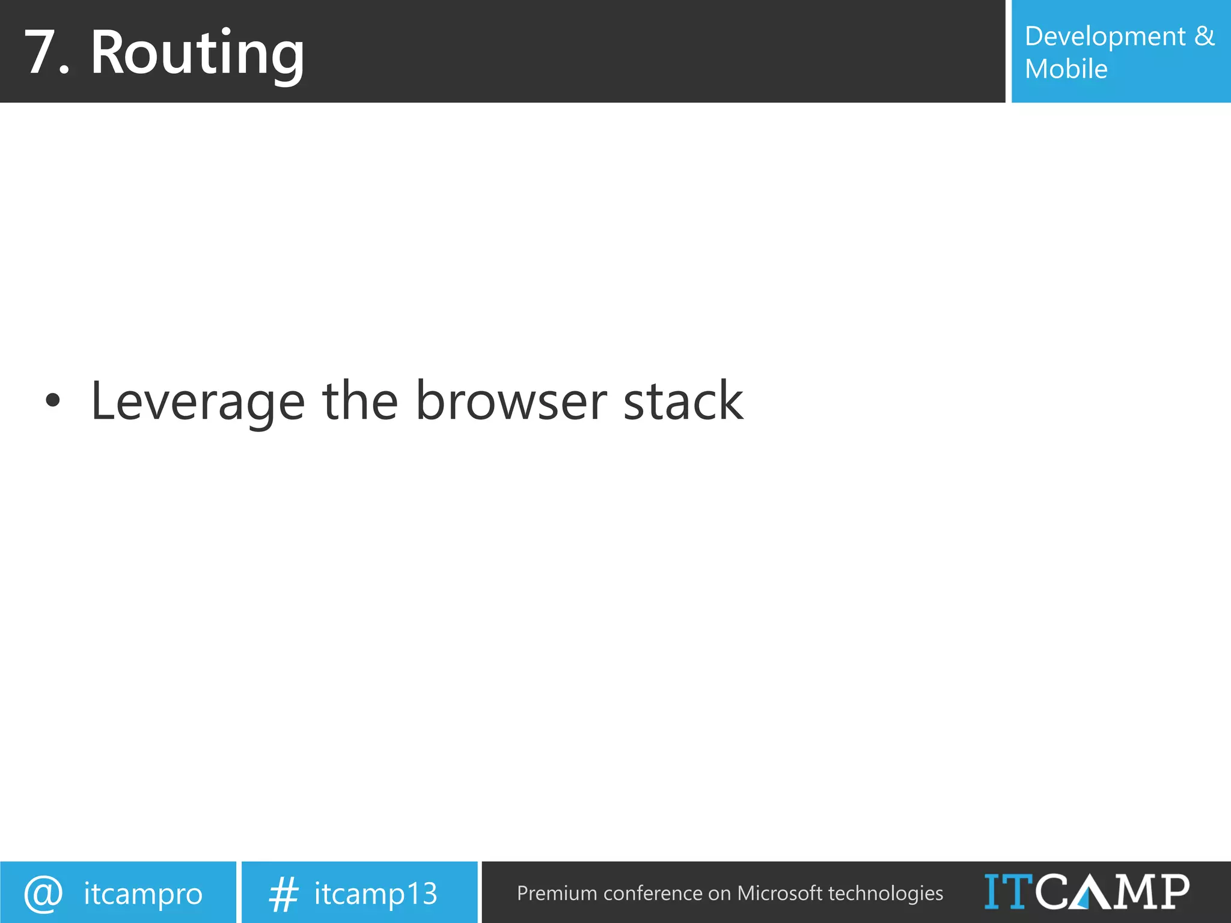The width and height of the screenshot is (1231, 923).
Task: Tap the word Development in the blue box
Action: [x=1105, y=37]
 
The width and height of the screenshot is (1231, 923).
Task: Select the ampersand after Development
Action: [x=1204, y=36]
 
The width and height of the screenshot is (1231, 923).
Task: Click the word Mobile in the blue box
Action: [x=1066, y=69]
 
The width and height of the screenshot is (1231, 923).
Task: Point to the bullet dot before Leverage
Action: [x=53, y=401]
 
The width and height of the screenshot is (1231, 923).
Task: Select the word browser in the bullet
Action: [x=512, y=401]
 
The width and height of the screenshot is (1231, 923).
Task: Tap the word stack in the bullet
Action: [x=683, y=401]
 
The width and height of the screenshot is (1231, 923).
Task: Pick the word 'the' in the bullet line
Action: [x=360, y=401]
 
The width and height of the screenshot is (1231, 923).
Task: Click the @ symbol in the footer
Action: [x=43, y=894]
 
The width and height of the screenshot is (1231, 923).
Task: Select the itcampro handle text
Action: [x=143, y=894]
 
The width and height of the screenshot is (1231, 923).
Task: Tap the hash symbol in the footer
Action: [x=283, y=894]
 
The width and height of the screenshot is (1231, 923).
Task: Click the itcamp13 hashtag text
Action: [x=376, y=894]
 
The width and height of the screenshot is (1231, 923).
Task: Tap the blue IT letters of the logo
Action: [x=1008, y=891]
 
